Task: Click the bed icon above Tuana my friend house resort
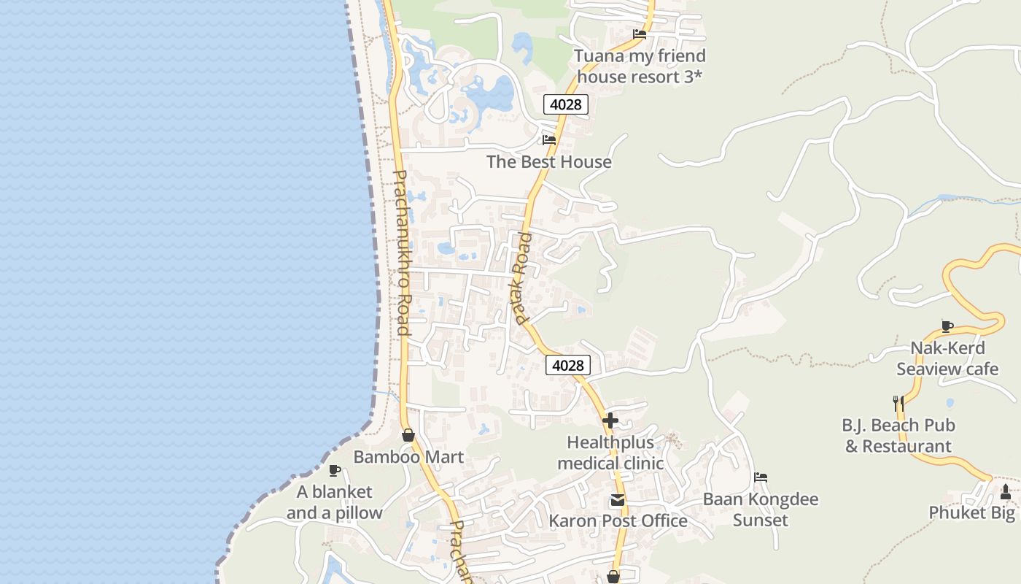tap(640, 34)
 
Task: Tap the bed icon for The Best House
tap(549, 139)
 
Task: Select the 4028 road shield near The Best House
tap(565, 104)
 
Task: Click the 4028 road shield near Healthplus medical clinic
tap(567, 365)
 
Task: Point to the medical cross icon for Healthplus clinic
tap(610, 420)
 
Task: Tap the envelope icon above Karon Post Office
tap(618, 500)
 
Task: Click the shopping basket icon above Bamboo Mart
tap(408, 435)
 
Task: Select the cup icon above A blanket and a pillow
tap(334, 470)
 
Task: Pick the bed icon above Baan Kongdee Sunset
tap(761, 477)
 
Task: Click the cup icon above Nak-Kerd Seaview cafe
tap(947, 326)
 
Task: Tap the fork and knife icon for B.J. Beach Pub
tap(898, 402)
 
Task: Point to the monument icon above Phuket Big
tap(1006, 492)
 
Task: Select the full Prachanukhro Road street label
tap(402, 253)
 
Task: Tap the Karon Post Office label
tap(618, 520)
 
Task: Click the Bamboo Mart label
tap(408, 457)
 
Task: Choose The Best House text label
tap(549, 161)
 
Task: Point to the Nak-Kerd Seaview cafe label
tap(947, 358)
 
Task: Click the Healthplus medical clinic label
tap(610, 453)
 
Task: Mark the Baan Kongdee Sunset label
tap(761, 510)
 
